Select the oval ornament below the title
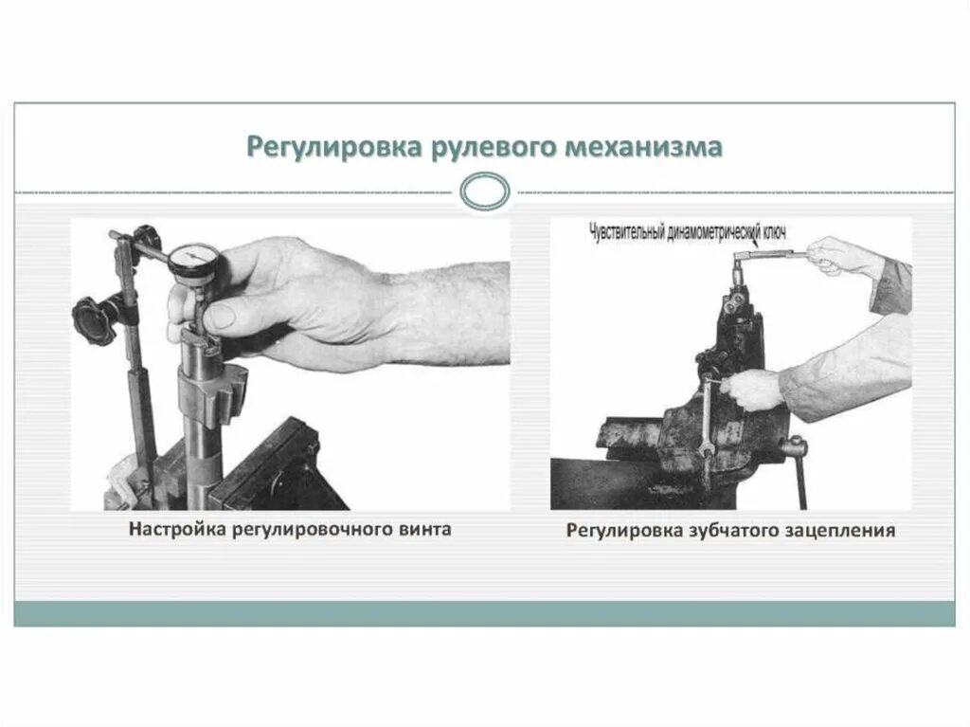coord(484,191)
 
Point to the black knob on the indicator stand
coord(91,312)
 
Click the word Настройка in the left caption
coord(174,529)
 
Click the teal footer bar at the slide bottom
coord(484,613)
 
